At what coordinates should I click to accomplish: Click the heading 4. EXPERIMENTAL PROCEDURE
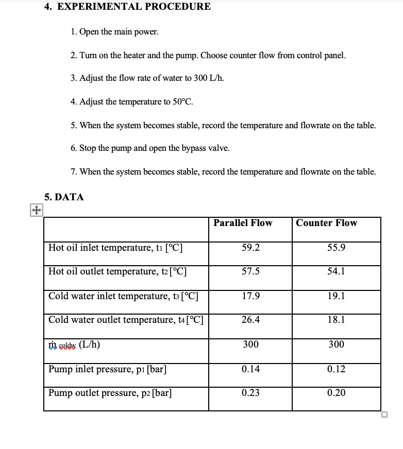(x=127, y=7)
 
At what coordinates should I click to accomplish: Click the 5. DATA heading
(x=64, y=197)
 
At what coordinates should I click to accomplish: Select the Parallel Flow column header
(x=243, y=223)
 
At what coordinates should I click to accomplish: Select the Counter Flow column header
(x=326, y=223)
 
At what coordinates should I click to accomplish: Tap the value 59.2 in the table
(x=250, y=247)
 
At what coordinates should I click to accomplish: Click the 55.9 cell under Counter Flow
(x=336, y=247)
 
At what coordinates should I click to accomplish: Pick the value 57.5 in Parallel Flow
(x=250, y=271)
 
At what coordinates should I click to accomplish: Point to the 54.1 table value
(x=336, y=271)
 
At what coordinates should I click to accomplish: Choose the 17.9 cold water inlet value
(x=250, y=296)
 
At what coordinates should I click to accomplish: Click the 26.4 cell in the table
(x=250, y=320)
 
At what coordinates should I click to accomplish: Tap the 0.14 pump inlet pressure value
(x=250, y=369)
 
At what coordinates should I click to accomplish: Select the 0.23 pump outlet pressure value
(x=250, y=393)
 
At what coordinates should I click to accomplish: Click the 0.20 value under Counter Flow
(x=336, y=393)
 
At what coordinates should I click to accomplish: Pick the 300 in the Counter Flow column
(x=336, y=344)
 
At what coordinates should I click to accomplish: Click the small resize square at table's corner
(x=384, y=415)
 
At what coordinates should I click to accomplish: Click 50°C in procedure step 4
(x=183, y=102)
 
